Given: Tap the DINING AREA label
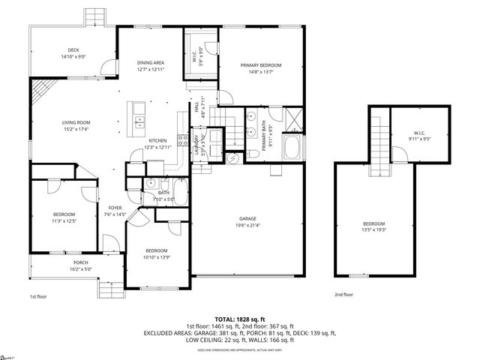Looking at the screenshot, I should [150, 62].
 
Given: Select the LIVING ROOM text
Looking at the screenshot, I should [76, 122].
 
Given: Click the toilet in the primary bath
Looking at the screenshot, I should [253, 154].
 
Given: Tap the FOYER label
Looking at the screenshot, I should [115, 208].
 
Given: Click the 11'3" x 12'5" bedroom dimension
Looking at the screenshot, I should [64, 220].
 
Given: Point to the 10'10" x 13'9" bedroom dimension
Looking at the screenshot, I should [156, 256].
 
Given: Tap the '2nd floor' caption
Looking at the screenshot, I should [344, 295].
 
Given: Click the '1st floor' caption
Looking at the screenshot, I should [39, 297].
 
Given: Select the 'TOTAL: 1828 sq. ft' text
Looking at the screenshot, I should [241, 319].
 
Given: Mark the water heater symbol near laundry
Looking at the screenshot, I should [232, 157].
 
